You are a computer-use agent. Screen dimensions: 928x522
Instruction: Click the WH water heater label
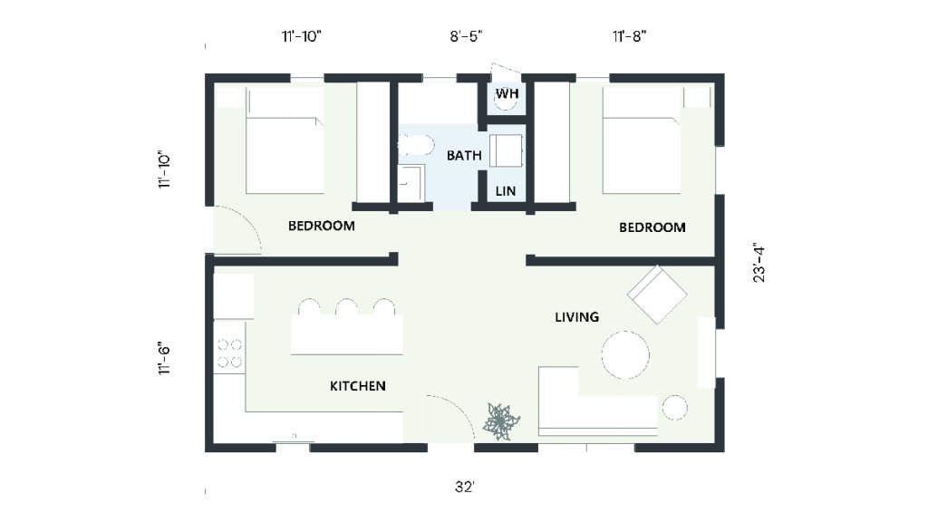[x=507, y=93]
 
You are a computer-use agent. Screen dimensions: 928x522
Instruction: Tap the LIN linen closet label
[x=506, y=191]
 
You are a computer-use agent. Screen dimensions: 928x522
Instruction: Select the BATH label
[x=464, y=156]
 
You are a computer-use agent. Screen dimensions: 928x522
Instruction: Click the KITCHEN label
[x=357, y=386]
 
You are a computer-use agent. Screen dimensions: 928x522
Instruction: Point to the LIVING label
[x=577, y=317]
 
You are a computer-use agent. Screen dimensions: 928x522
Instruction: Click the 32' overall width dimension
[x=465, y=487]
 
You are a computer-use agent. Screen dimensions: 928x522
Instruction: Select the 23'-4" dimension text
[x=759, y=262]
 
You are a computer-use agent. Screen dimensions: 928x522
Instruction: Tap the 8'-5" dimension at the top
[x=467, y=36]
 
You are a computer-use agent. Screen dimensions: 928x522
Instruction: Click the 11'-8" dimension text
[x=629, y=36]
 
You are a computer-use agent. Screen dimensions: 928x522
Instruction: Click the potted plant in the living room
[x=501, y=421]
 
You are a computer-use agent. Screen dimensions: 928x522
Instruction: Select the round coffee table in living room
[x=625, y=355]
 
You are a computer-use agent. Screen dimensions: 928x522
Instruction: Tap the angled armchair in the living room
[x=657, y=295]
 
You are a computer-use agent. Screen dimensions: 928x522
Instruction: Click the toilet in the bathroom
[x=415, y=144]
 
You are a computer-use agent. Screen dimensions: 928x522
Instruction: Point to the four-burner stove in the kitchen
[x=229, y=353]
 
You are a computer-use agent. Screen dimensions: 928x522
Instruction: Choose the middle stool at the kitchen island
[x=347, y=307]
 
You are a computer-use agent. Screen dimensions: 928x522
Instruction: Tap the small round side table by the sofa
[x=674, y=408]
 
